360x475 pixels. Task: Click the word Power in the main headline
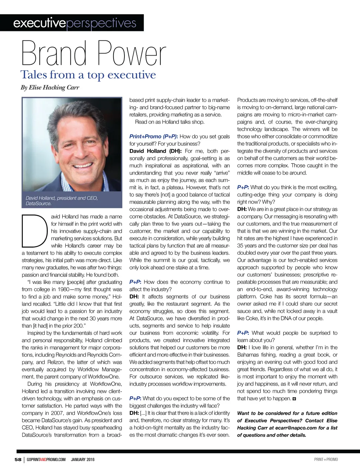(x=131, y=53)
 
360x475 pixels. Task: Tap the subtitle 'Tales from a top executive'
(x=88, y=75)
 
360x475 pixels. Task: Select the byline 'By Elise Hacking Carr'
(x=50, y=88)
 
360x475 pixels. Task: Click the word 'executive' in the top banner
(x=39, y=23)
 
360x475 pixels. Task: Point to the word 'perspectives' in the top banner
(x=101, y=23)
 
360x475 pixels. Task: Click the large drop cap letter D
(x=34, y=230)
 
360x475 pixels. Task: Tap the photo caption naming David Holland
(x=62, y=201)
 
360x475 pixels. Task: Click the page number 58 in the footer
(x=18, y=459)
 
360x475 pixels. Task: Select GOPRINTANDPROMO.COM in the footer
(x=46, y=459)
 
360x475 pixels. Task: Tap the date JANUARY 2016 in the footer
(x=83, y=459)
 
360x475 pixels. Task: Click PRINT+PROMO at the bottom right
(x=326, y=459)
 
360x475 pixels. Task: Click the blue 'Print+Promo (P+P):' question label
(x=153, y=137)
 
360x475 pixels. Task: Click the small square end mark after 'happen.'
(x=294, y=399)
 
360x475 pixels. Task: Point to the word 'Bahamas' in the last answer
(x=248, y=355)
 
